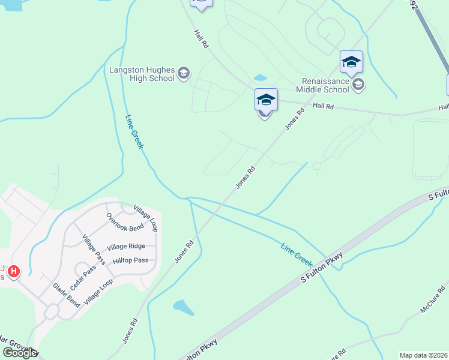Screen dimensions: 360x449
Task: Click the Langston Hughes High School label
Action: pos(142,74)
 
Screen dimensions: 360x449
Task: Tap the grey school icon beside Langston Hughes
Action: pos(184,74)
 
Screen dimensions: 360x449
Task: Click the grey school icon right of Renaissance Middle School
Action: pos(358,85)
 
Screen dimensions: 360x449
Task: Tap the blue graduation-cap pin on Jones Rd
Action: pos(266,100)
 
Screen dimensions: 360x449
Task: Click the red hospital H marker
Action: pos(13,272)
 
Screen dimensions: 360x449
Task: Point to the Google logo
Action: pos(19,352)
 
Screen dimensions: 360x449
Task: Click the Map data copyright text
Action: pos(424,355)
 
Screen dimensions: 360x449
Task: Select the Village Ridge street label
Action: pos(126,247)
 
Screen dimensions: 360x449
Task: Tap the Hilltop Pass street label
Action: pos(131,260)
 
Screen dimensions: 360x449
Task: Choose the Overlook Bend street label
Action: pos(125,223)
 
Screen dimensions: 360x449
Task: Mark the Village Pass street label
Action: pos(94,249)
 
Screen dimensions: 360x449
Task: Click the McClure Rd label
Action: pos(435,305)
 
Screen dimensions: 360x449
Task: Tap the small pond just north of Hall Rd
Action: pos(260,77)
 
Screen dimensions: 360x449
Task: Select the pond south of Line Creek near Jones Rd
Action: pos(184,308)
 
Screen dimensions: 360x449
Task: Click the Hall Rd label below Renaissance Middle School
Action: pos(323,106)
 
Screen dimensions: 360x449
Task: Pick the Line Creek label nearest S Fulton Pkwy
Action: pos(297,254)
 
